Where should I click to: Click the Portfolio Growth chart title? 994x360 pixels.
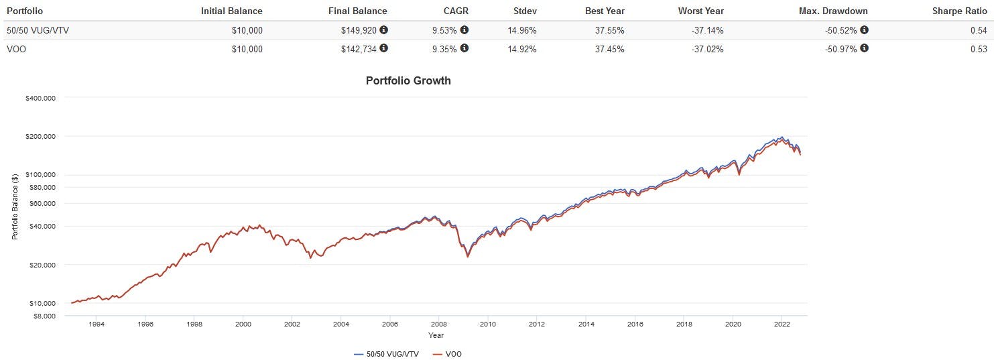pos(408,81)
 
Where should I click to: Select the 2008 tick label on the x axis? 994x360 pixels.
pos(438,323)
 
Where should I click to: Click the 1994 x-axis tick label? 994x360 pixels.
pos(96,323)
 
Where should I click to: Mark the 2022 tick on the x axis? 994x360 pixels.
pos(782,323)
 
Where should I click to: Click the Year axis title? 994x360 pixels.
pos(436,335)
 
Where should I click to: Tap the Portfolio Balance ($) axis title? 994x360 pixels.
pos(15,206)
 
